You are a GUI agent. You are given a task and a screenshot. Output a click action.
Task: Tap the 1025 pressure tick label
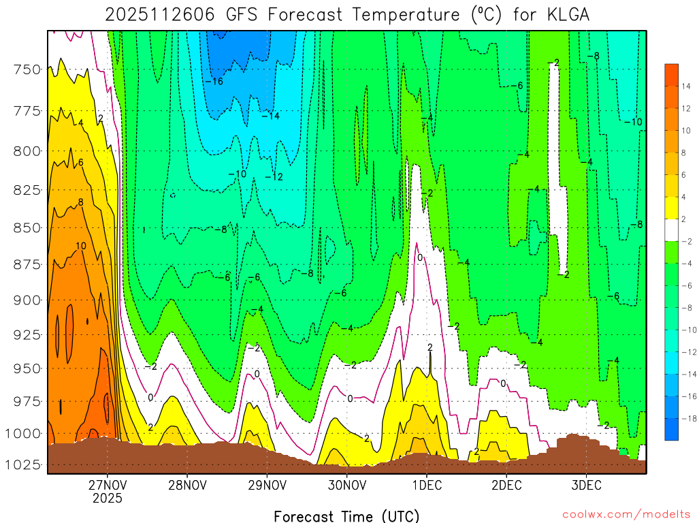23,465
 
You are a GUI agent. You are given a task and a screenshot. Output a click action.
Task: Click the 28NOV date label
187,486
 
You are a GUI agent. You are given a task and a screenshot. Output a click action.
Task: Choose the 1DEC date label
427,486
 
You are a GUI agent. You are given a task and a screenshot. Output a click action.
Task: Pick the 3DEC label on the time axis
587,486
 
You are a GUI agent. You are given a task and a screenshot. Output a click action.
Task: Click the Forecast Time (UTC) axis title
346,516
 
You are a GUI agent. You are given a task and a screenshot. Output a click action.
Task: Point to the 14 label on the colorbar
683,86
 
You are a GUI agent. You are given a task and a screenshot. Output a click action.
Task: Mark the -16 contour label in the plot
214,82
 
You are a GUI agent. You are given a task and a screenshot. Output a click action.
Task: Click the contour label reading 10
80,246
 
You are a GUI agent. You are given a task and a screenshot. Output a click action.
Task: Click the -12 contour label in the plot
274,177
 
